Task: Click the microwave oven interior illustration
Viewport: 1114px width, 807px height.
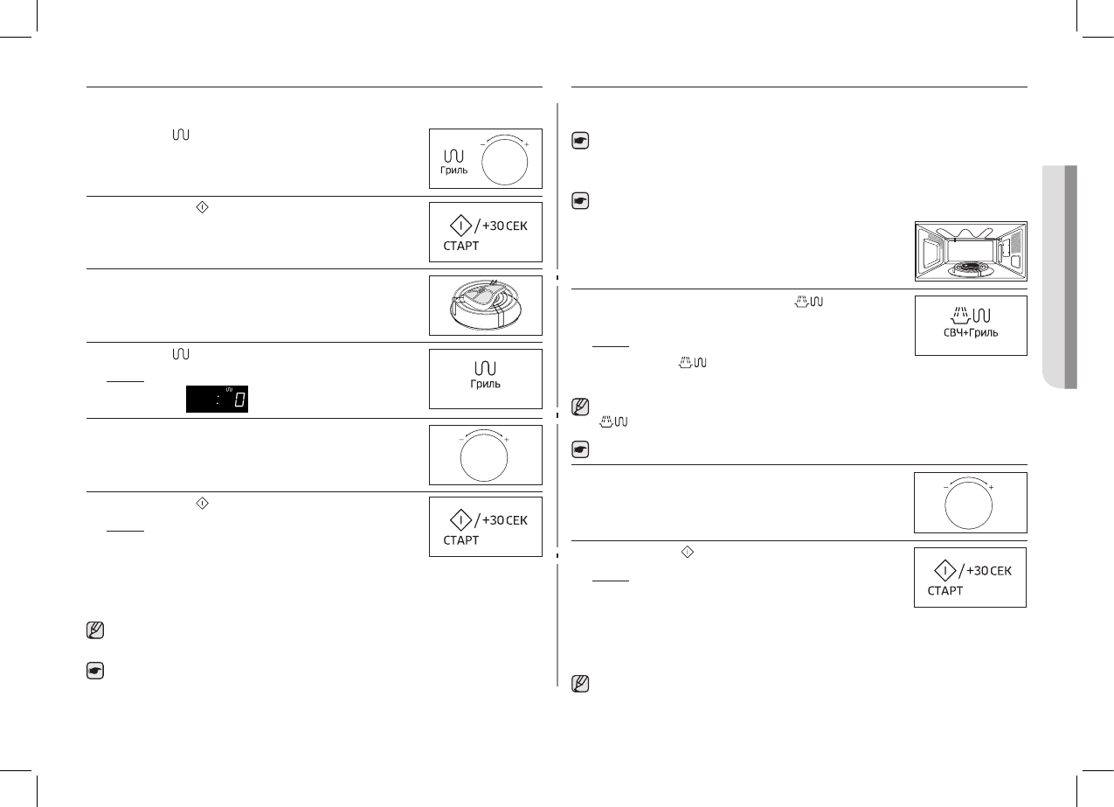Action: [970, 251]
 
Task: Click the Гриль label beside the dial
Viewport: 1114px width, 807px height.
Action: [454, 170]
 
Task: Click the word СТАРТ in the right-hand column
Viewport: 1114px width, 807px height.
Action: [945, 591]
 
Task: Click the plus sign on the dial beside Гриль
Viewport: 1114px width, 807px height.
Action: [527, 143]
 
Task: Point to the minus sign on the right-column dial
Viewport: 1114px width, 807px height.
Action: [945, 487]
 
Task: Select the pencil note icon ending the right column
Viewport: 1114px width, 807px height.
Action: [578, 685]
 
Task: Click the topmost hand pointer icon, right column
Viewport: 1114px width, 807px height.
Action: [578, 140]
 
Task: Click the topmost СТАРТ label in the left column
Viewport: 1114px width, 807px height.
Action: [460, 245]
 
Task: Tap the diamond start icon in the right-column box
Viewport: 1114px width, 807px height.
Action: [944, 571]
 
